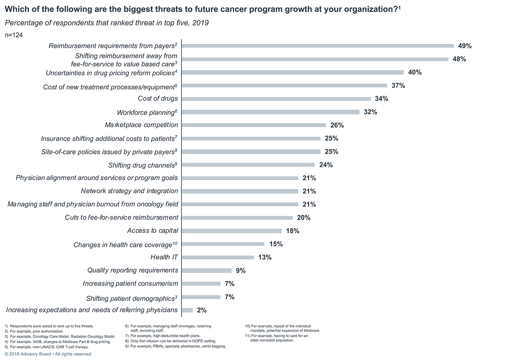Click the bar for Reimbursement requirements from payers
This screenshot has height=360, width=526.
[x=317, y=46]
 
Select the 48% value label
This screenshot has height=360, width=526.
[x=459, y=59]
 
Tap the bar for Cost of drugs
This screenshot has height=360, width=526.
[x=276, y=99]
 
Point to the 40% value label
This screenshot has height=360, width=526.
[x=415, y=72]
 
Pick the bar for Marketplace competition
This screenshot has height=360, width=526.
[x=254, y=125]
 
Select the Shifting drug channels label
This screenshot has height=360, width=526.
[x=142, y=165]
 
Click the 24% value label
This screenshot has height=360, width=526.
[x=326, y=165]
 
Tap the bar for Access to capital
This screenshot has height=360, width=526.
[x=231, y=231]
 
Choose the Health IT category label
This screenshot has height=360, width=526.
[x=164, y=257]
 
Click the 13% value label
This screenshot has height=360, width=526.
[x=265, y=257]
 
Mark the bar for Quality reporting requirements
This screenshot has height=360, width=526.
[x=207, y=270]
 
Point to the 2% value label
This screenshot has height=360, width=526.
[x=202, y=310]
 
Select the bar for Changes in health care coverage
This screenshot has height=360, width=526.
[x=223, y=244]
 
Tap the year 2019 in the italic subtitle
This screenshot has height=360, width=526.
[x=200, y=23]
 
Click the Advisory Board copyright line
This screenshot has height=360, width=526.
[x=48, y=354]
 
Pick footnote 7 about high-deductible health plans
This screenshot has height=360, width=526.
[x=163, y=336]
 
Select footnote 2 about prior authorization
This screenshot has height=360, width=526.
[x=34, y=331]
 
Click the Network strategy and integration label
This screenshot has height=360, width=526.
[x=130, y=191]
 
